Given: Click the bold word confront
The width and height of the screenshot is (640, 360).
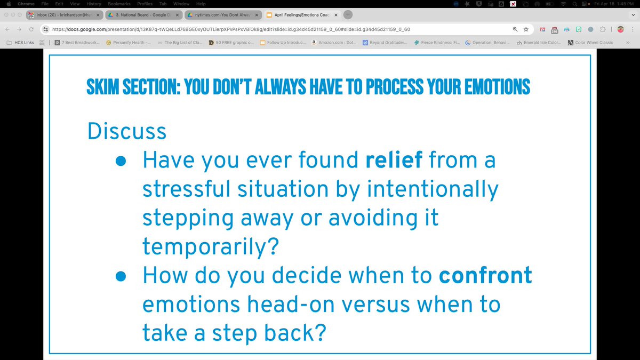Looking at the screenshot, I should click(485, 275).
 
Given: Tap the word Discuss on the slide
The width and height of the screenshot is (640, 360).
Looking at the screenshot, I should click(127, 131).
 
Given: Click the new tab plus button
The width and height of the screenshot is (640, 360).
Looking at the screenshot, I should click(348, 15).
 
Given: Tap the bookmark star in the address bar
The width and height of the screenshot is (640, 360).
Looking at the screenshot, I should click(526, 29).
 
